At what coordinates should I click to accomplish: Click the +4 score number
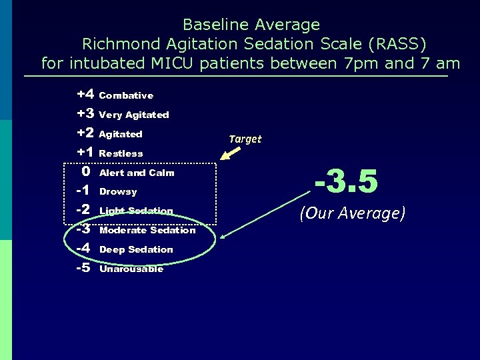(84, 95)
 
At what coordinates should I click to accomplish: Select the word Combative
(126, 96)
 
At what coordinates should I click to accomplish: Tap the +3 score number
(84, 114)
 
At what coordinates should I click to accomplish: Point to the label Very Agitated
(134, 115)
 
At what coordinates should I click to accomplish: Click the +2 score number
(84, 133)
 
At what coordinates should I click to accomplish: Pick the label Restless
(121, 153)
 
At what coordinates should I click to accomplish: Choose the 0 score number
(86, 172)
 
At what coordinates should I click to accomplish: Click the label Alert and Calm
(137, 173)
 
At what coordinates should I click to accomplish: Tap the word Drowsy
(118, 192)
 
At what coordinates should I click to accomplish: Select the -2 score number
(83, 210)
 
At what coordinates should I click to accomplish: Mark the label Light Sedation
(136, 211)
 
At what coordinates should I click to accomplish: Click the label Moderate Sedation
(147, 230)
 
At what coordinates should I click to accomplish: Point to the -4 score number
(83, 249)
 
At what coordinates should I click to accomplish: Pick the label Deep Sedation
(136, 249)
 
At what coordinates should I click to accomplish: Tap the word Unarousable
(131, 269)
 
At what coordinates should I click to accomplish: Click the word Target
(245, 139)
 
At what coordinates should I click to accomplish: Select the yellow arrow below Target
(232, 155)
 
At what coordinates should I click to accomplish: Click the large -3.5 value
(346, 181)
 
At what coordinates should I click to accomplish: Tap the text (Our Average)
(352, 213)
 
